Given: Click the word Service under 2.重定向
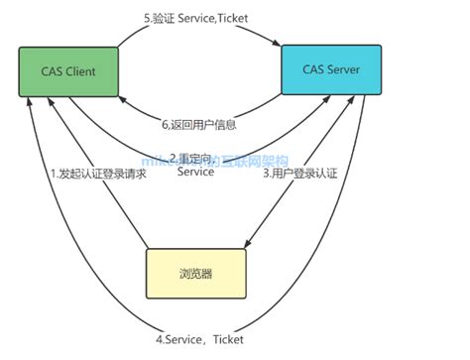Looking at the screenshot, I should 195,173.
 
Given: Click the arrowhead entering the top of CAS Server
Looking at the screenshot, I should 280,41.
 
